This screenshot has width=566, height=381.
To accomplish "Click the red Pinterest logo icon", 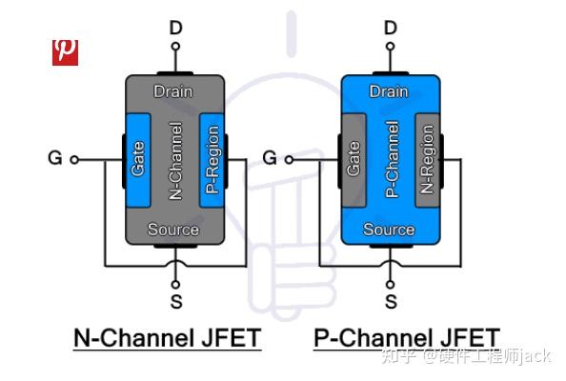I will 65,51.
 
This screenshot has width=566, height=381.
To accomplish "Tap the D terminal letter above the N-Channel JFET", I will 175,28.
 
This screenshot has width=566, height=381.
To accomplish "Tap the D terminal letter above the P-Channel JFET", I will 390,28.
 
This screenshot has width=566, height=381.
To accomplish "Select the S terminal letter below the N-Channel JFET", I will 175,302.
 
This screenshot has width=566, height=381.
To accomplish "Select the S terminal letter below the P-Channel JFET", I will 390,302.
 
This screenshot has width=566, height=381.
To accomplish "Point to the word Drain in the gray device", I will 173,92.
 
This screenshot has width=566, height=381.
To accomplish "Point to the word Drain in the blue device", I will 389,92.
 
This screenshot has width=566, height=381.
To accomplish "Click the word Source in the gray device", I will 173,230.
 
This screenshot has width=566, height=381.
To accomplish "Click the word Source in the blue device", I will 389,230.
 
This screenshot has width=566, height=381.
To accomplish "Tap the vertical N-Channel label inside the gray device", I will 175,160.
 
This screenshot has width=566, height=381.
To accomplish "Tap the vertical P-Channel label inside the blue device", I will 390,160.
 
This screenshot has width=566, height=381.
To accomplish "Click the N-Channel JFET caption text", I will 167,338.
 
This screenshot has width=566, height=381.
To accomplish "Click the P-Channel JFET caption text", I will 406,338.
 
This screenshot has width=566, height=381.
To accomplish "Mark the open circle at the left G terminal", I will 75,159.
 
